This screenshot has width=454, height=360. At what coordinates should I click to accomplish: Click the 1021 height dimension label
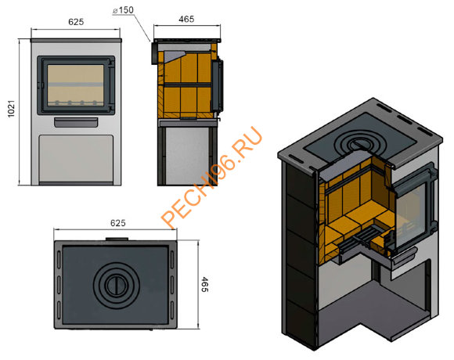tap(11, 109)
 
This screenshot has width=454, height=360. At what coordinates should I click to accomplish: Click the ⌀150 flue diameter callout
tap(124, 10)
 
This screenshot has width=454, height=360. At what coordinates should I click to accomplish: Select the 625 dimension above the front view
tap(76, 22)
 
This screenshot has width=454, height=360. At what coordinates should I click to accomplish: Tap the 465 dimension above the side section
tap(186, 19)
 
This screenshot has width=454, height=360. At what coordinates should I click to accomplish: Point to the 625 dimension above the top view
tap(118, 223)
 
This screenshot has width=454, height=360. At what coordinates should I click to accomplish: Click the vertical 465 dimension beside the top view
tap(205, 284)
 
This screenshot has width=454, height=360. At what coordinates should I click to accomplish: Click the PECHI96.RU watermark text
tap(211, 177)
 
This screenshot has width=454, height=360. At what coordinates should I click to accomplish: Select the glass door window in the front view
tap(75, 85)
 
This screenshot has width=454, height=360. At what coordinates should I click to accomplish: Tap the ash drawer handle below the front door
tap(76, 122)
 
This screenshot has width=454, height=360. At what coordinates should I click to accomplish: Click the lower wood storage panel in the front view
tap(76, 159)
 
